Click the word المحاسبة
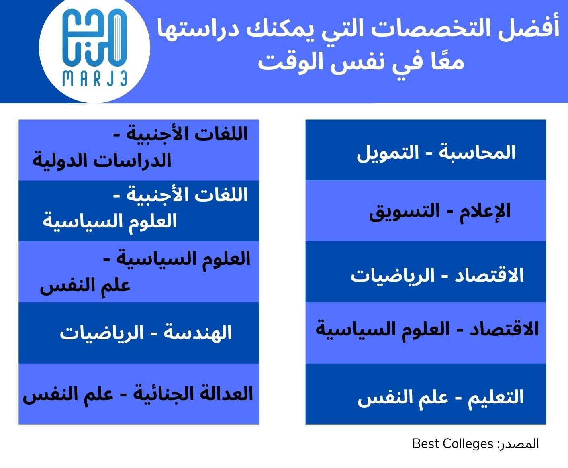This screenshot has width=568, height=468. point(477,153)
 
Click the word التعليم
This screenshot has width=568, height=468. point(496,397)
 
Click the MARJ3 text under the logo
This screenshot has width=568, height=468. point(95,79)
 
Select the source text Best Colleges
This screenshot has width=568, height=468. point(452,444)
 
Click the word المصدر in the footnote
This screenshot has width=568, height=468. point(519,444)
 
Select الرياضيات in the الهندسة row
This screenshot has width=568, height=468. point(102,333)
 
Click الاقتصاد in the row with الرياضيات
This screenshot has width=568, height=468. point(489,275)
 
